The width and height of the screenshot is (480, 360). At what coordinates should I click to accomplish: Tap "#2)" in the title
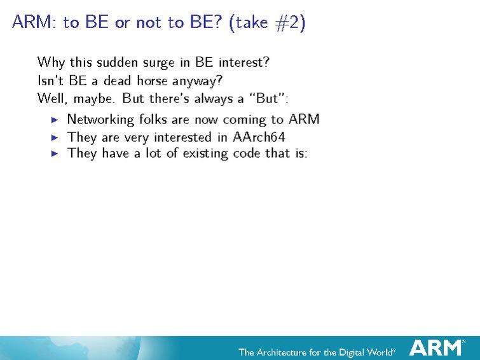[290, 23]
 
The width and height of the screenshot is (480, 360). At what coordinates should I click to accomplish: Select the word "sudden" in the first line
[117, 62]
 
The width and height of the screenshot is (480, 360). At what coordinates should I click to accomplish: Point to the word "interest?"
[244, 62]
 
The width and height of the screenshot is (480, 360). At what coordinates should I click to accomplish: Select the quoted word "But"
[269, 99]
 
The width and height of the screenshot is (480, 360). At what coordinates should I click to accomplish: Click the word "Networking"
[100, 120]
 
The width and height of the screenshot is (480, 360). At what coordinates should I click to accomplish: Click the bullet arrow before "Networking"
[55, 120]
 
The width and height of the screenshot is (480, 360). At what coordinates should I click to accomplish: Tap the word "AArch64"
[259, 137]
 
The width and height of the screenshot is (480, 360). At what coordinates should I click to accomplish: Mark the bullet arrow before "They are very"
[55, 137]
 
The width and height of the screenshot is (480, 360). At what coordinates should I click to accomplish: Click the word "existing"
[205, 154]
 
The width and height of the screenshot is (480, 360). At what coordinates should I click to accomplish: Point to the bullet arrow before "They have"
[55, 153]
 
